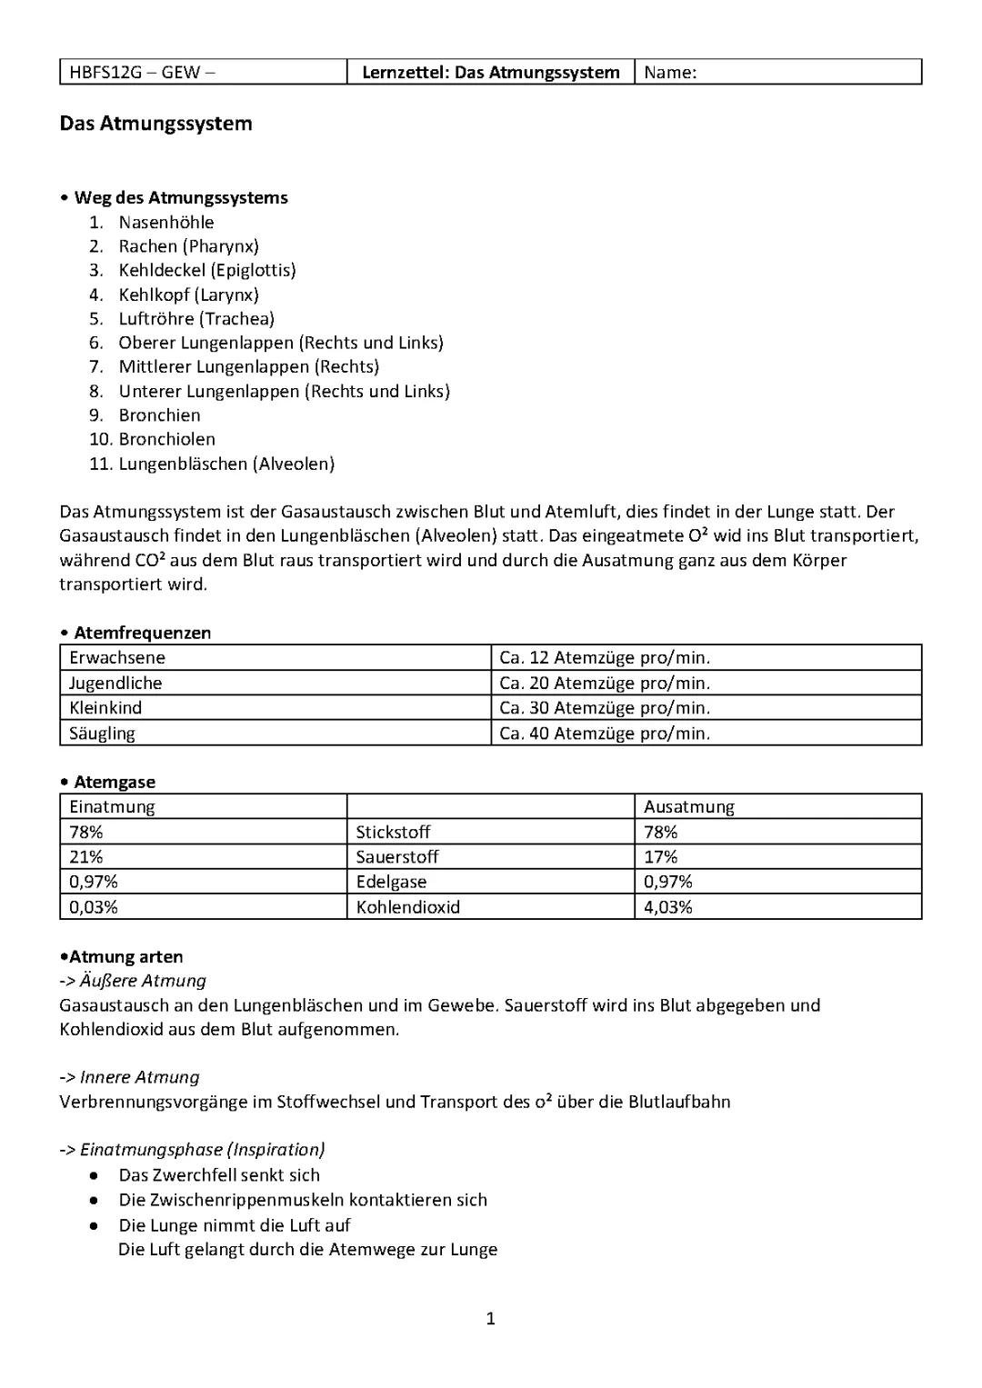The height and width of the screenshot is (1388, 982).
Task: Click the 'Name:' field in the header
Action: tap(670, 73)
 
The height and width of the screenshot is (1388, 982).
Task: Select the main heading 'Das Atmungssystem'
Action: tap(155, 124)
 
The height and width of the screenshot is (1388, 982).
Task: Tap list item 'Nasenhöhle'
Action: tap(166, 223)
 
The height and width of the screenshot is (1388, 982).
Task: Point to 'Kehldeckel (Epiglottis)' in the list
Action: tap(207, 270)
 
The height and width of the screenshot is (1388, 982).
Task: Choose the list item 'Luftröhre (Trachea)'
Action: tap(196, 319)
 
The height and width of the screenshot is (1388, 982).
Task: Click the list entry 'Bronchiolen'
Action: tap(167, 439)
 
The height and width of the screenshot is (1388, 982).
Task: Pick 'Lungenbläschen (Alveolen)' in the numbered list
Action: tap(226, 464)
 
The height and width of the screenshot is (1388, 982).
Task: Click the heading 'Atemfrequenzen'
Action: tap(142, 633)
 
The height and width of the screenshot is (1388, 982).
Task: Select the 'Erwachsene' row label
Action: tap(117, 658)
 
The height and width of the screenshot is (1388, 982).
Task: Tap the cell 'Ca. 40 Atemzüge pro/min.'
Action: tap(605, 734)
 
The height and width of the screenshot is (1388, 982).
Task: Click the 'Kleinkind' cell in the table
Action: tap(105, 708)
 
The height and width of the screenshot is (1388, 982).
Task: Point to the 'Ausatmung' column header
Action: tap(688, 807)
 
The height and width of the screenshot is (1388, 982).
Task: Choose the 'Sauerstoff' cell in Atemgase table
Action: tap(397, 857)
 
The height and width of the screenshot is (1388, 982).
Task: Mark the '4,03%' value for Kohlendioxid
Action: tap(667, 907)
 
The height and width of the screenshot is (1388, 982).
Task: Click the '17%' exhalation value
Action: tap(660, 857)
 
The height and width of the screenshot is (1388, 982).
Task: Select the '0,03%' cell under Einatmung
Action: tap(94, 907)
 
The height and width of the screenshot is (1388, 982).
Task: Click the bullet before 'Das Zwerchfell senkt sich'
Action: tap(95, 1175)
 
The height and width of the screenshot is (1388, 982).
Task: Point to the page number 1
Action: tap(491, 1319)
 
